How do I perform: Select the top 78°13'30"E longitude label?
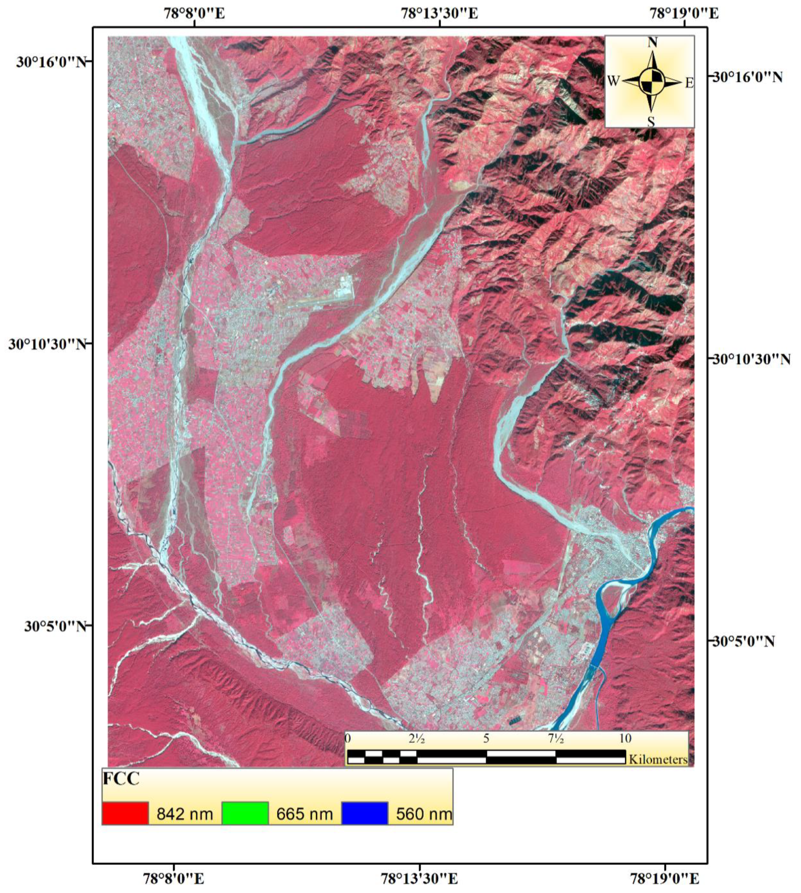pyautogui.click(x=440, y=13)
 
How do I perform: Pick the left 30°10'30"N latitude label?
pyautogui.click(x=47, y=344)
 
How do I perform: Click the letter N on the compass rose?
pyautogui.click(x=652, y=43)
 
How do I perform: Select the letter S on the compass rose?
pyautogui.click(x=651, y=122)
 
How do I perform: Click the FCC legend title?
pyautogui.click(x=121, y=779)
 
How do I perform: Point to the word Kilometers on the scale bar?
pyautogui.click(x=658, y=760)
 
